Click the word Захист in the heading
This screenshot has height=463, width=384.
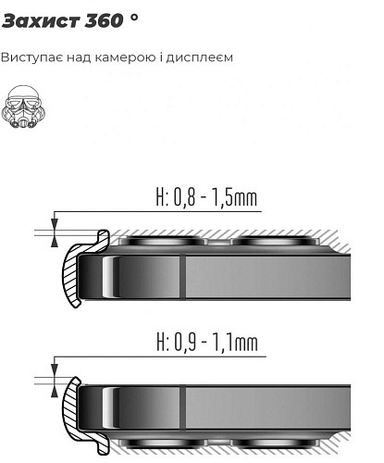pyautogui.click(x=41, y=21)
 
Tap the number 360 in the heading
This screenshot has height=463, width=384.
pyautogui.click(x=104, y=21)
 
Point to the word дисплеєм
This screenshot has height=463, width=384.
pyautogui.click(x=200, y=57)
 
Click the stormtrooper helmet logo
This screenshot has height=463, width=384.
pyautogui.click(x=23, y=106)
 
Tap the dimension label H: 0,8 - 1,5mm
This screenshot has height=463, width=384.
pyautogui.click(x=206, y=198)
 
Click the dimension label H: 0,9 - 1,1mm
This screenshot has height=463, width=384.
pyautogui.click(x=207, y=343)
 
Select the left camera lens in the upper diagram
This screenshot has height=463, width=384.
pyautogui.click(x=163, y=240)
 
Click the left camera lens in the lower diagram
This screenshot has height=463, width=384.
pyautogui.click(x=163, y=444)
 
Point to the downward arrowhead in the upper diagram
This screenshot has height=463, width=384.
pyautogui.click(x=55, y=224)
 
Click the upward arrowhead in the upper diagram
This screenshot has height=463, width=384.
pyautogui.click(x=55, y=242)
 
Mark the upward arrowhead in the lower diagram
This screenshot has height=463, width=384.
pyautogui.click(x=55, y=392)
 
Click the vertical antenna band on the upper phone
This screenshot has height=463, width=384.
pyautogui.click(x=182, y=277)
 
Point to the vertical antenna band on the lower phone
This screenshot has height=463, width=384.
pyautogui.click(x=182, y=407)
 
